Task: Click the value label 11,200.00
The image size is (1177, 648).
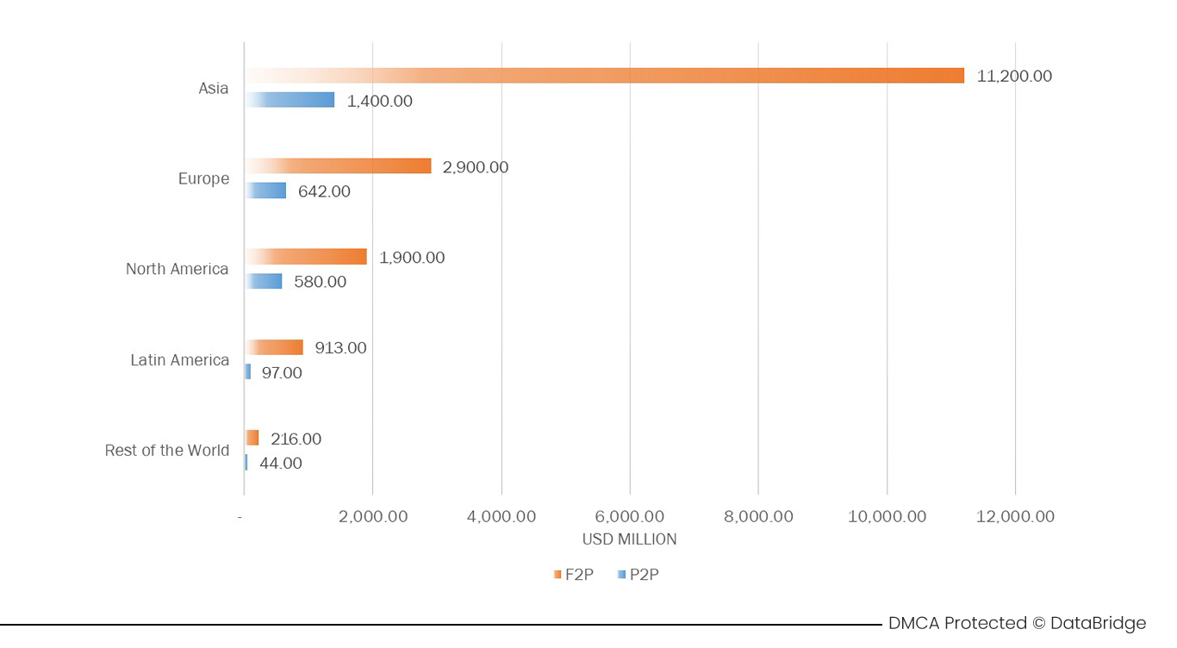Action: click(x=1014, y=76)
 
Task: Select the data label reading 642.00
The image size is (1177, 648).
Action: click(x=324, y=191)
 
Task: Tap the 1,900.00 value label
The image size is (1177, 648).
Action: click(x=412, y=258)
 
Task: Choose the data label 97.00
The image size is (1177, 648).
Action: click(x=282, y=373)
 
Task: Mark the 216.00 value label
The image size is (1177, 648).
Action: click(x=296, y=439)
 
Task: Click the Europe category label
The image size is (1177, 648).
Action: click(x=203, y=179)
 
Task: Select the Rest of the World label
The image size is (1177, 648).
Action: click(x=167, y=451)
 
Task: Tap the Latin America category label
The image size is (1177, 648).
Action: click(x=179, y=360)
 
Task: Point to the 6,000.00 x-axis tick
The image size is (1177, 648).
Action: click(x=630, y=517)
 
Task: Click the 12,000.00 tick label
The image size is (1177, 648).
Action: click(x=1015, y=517)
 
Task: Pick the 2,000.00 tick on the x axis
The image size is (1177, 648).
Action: click(x=373, y=517)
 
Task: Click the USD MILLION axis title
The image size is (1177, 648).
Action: click(x=629, y=539)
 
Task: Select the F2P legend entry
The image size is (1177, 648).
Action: click(x=574, y=575)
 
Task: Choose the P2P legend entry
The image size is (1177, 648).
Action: click(x=638, y=575)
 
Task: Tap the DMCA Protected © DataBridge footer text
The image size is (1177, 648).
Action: click(x=1017, y=623)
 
